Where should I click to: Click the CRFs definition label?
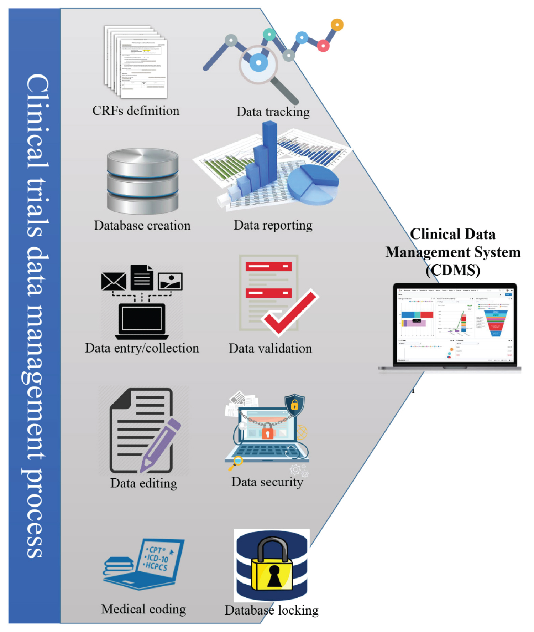136,111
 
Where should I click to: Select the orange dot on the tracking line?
337,25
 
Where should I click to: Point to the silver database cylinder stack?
143,181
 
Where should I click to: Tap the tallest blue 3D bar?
269,150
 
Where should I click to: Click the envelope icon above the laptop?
114,281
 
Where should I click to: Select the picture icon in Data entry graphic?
170,281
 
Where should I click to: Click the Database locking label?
272,610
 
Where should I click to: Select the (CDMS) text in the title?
453,270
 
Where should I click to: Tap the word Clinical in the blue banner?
37,121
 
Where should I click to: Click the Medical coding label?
143,609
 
